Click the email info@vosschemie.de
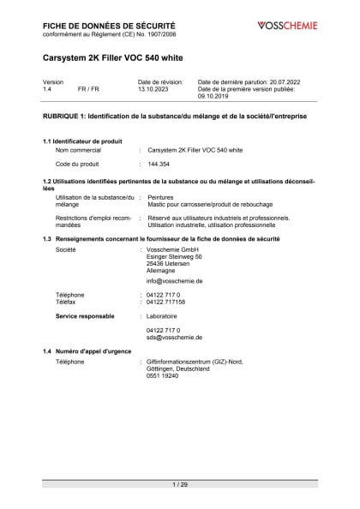pos(174,280)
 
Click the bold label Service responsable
pos(85,316)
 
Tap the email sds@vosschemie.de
pos(174,337)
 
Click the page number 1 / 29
pos(180,485)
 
